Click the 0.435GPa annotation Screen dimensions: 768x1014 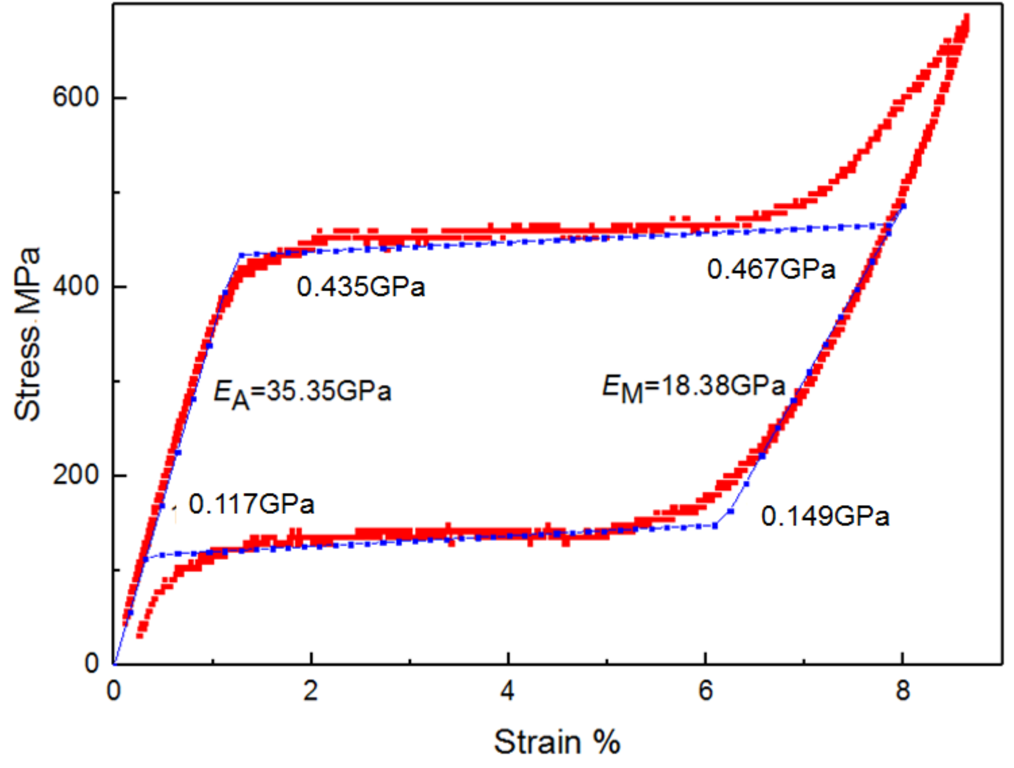361,287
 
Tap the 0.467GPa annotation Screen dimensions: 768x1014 771,269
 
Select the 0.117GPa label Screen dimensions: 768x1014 251,505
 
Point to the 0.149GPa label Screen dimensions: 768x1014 825,516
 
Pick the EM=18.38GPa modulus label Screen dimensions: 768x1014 693,387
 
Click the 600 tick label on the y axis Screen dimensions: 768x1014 76,97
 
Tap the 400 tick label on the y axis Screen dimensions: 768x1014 76,286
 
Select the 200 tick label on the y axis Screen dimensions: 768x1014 76,475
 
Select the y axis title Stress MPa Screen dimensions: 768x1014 27,334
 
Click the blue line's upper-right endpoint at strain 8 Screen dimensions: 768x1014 903,206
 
